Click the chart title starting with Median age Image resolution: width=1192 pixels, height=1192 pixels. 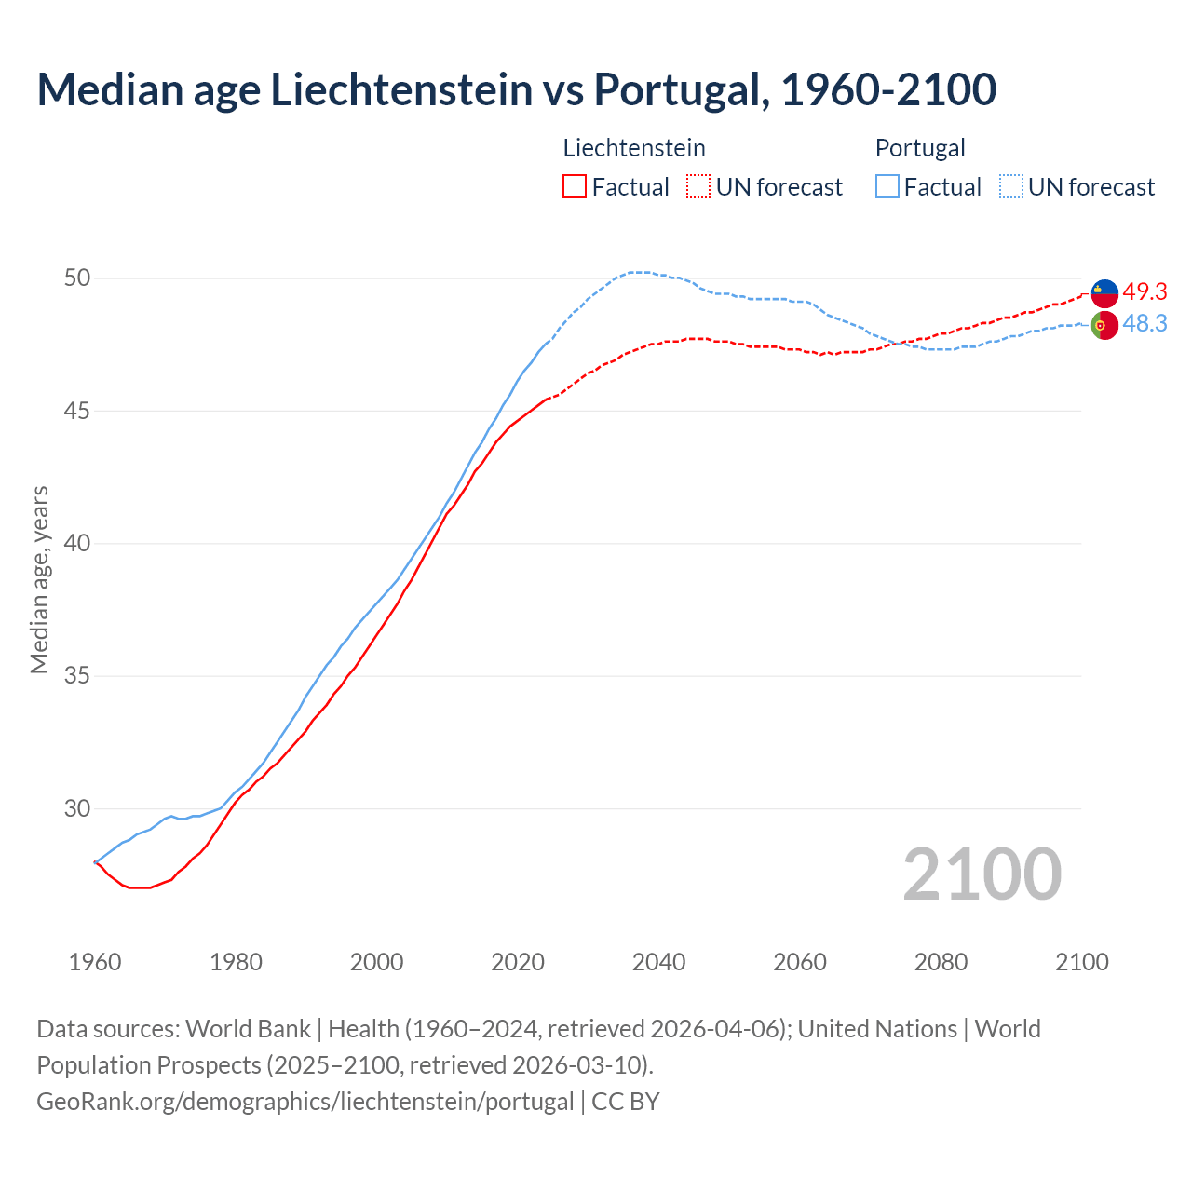(x=516, y=89)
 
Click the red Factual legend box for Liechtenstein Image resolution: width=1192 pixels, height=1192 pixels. (x=575, y=187)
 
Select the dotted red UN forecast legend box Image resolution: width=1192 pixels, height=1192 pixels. (x=698, y=187)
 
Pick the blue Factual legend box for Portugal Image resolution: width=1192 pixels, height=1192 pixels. (x=887, y=187)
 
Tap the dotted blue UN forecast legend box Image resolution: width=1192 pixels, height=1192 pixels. (x=1010, y=187)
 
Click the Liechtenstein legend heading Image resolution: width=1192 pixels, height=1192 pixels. (x=634, y=148)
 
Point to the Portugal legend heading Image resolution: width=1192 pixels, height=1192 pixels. (x=920, y=148)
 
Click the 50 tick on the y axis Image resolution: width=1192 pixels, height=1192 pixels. (x=77, y=278)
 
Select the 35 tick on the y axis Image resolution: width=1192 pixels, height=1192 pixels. (x=77, y=676)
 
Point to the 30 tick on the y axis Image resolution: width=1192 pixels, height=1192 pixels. (x=77, y=808)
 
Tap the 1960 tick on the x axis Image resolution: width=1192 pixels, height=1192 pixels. (x=95, y=962)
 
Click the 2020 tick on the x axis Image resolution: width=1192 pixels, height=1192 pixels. (x=518, y=962)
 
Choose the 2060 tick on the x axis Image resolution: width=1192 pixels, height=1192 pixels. (x=800, y=962)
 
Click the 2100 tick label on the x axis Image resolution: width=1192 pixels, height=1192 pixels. (x=1082, y=962)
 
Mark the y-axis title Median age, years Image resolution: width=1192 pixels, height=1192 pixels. (x=39, y=579)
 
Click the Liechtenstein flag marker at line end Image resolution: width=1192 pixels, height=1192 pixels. (x=1104, y=293)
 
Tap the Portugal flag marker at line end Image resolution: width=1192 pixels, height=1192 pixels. (x=1104, y=326)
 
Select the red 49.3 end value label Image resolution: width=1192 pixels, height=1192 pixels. (x=1145, y=292)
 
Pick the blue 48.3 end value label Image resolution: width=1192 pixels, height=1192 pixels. (x=1145, y=324)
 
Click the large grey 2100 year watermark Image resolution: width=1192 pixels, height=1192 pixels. (x=982, y=874)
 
